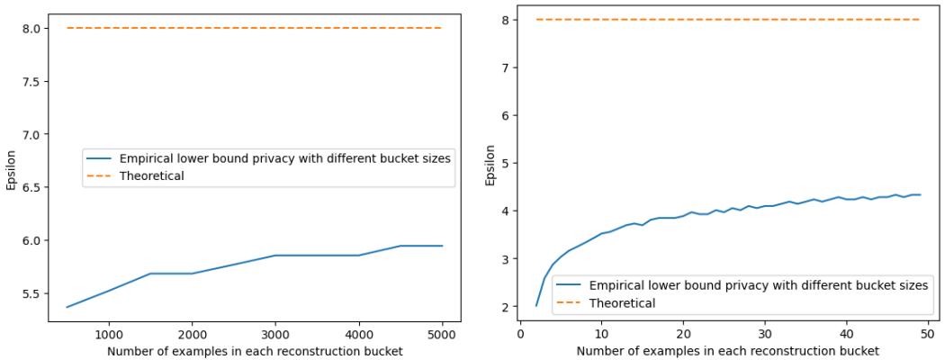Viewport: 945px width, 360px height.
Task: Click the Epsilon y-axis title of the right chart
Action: [x=490, y=164]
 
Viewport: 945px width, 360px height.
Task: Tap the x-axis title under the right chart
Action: [x=728, y=351]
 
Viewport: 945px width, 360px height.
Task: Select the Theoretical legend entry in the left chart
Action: [x=151, y=176]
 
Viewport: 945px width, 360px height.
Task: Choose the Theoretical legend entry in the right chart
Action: [x=622, y=303]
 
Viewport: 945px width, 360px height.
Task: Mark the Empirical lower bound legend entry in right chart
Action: [x=758, y=285]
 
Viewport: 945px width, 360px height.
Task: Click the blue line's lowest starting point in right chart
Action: [x=536, y=306]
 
